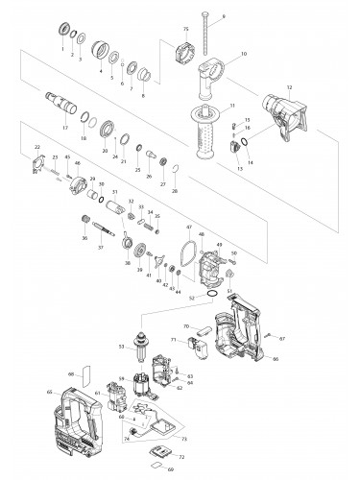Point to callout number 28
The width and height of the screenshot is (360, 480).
tap(175, 192)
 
